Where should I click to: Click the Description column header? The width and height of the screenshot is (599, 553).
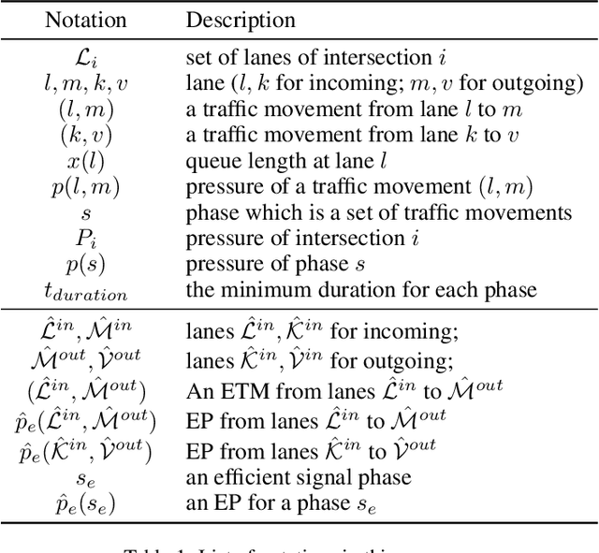[241, 20]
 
